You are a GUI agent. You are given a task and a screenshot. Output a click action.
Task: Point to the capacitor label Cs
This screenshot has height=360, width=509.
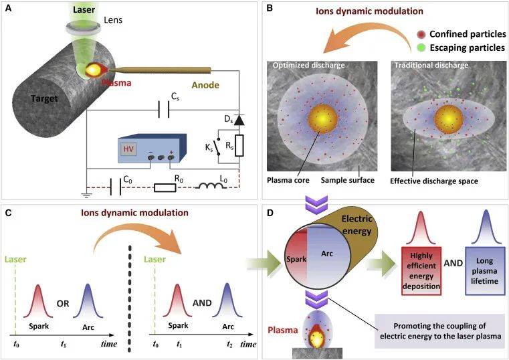(176, 98)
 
